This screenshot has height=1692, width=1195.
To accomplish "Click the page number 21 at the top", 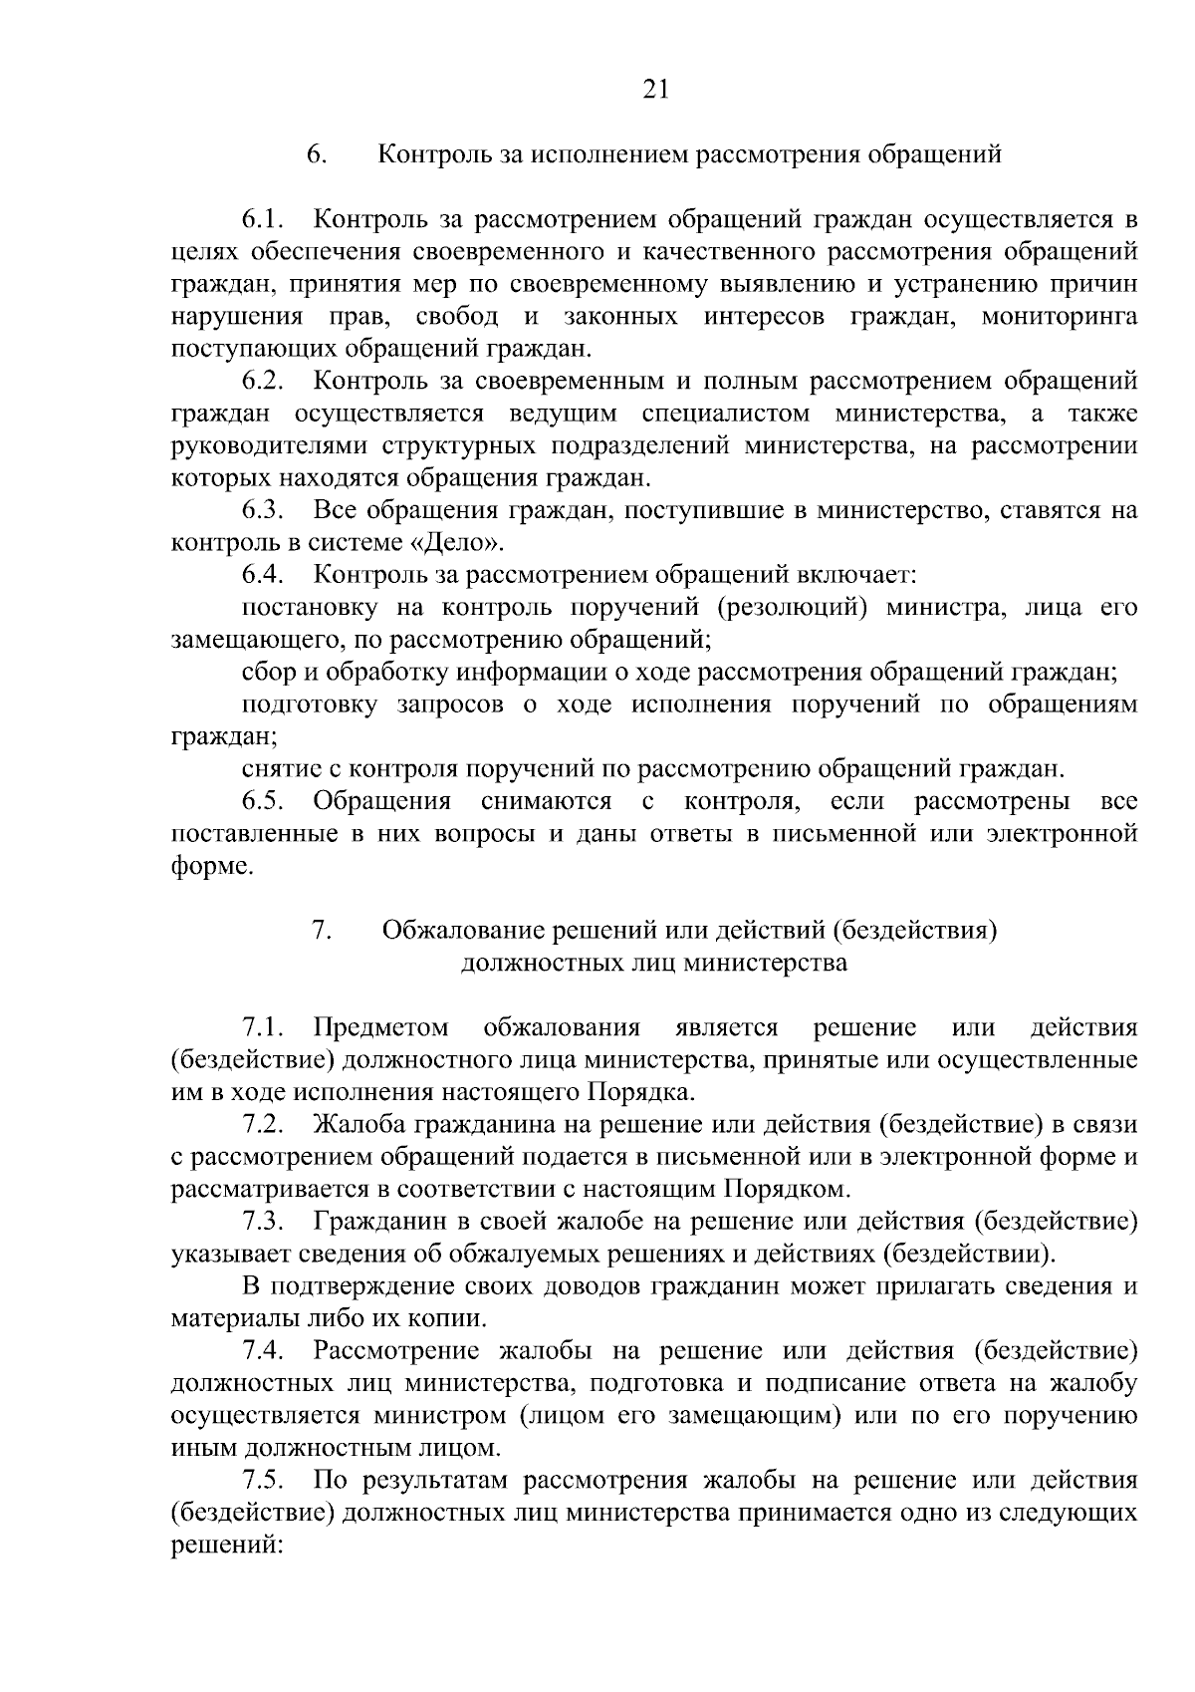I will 654,91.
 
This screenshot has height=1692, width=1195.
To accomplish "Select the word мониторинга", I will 1060,317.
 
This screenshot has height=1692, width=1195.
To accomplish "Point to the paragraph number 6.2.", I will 264,381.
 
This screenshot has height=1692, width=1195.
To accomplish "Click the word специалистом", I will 725,414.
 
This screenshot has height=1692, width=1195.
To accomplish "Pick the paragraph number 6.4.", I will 264,575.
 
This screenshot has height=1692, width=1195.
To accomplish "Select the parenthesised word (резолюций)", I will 788,608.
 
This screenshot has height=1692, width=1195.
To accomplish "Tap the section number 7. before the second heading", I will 322,931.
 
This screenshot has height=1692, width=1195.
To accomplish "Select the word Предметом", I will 380,1027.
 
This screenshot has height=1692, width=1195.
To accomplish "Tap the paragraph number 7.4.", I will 264,1351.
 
